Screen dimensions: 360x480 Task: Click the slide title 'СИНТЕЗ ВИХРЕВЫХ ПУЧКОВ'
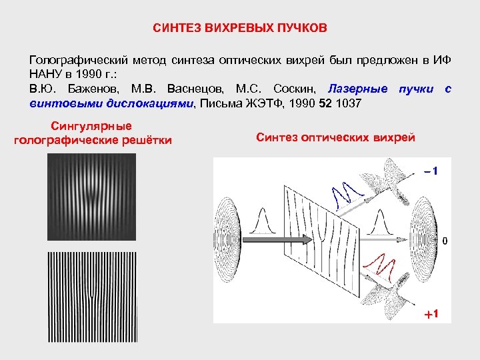coord(240,29)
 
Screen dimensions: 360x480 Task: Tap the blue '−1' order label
coord(429,171)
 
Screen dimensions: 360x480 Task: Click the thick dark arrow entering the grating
coord(267,238)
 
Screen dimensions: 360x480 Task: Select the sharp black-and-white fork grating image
coord(91,297)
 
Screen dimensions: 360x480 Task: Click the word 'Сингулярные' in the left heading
coord(91,126)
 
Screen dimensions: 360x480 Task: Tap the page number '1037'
coord(348,103)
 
